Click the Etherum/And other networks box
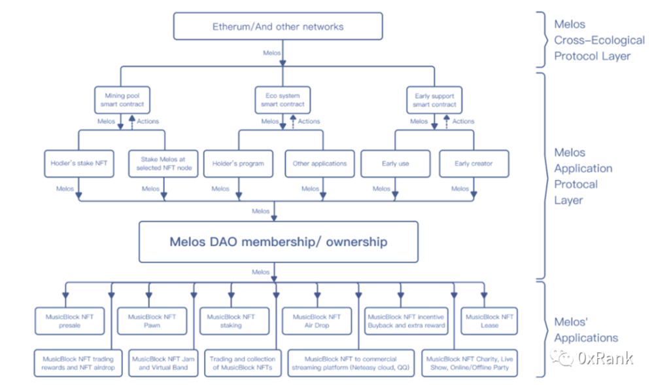coord(278,26)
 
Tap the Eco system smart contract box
coord(283,100)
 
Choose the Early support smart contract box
coord(435,100)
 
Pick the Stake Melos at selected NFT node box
coord(163,163)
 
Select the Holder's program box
coord(238,163)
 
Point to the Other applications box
coord(320,163)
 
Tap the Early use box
coord(395,163)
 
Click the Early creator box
coord(473,163)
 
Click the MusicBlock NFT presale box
coord(69,320)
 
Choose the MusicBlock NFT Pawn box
coord(152,320)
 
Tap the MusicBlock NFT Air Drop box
coord(316,320)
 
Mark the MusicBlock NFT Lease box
coord(489,320)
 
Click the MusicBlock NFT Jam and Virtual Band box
coord(162,363)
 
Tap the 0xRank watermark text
coord(605,358)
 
